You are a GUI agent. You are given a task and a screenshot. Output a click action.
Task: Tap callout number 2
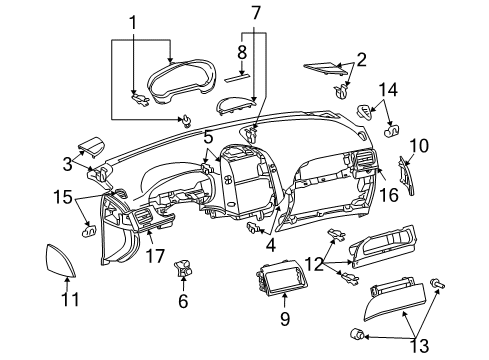tap(360, 60)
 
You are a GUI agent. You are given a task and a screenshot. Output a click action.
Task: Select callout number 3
tap(66, 162)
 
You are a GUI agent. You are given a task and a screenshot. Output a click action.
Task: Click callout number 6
tap(182, 299)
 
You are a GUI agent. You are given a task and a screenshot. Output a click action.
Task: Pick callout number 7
tap(256, 12)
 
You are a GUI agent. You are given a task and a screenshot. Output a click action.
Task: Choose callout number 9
tap(283, 319)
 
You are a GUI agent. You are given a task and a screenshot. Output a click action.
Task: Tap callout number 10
tap(419, 146)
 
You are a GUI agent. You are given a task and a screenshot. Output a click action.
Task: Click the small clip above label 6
tap(184, 268)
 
